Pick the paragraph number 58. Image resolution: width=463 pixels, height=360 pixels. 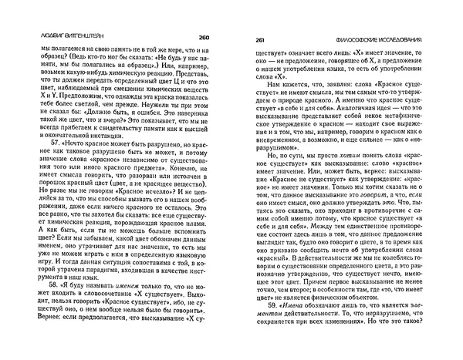(x=34, y=284)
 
